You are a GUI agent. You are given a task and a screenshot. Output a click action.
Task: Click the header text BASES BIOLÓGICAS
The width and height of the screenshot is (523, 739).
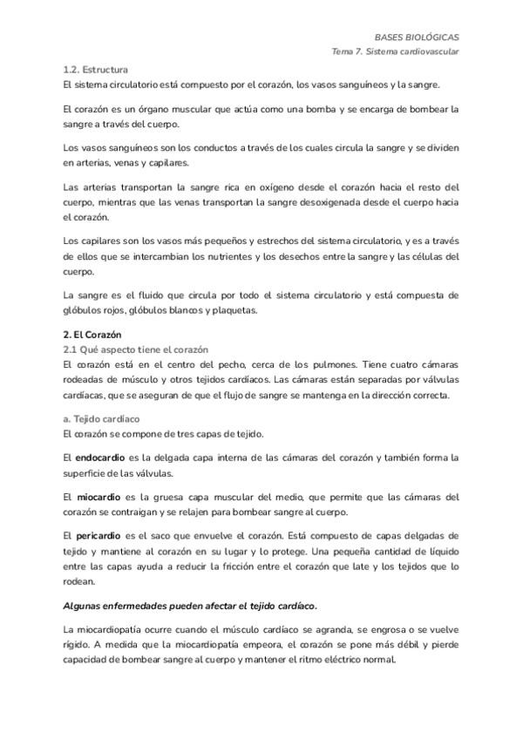[416, 37]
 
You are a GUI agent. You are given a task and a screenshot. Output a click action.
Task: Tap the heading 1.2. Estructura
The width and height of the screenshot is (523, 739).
[96, 69]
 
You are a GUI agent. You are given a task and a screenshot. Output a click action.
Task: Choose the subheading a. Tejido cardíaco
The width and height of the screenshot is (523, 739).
[101, 419]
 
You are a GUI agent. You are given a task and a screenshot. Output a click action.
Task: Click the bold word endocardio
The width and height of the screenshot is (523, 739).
[99, 458]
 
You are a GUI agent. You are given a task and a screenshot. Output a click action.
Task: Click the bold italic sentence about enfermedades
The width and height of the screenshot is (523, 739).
[190, 605]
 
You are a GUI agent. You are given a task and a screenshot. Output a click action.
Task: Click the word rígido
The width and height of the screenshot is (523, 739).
[78, 644]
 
